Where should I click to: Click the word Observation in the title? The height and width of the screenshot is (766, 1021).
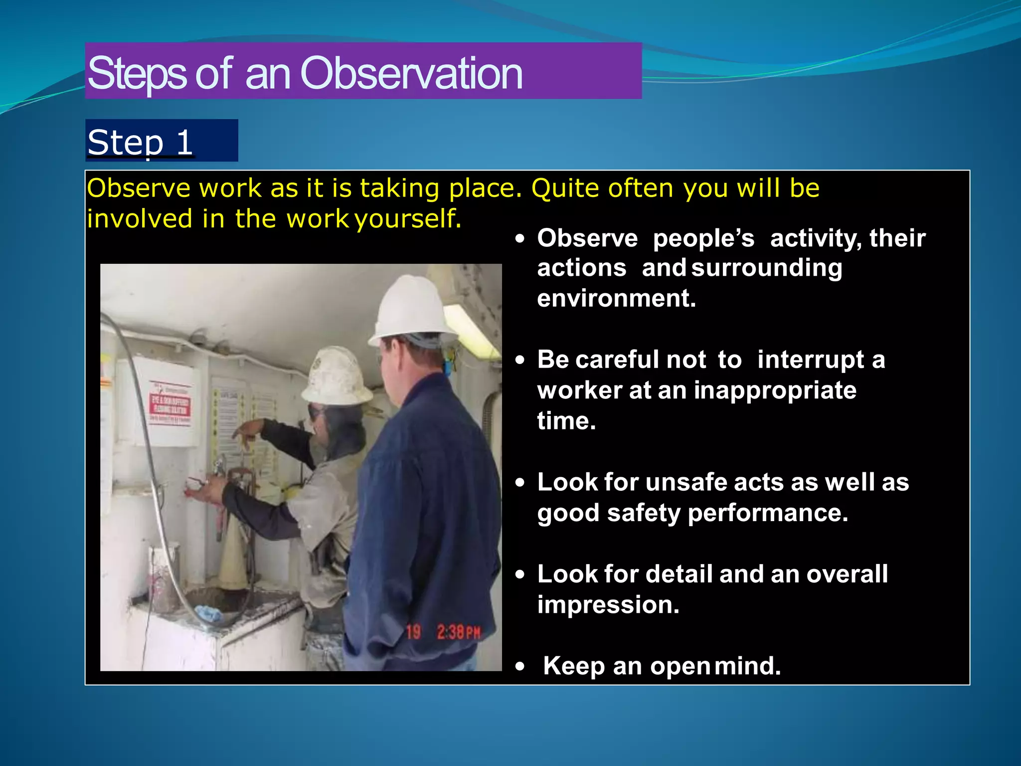click(411, 73)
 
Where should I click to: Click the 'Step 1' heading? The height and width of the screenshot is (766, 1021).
click(140, 142)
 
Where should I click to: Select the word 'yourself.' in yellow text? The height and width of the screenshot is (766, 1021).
click(408, 219)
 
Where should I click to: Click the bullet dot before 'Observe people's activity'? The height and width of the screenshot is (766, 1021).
click(520, 239)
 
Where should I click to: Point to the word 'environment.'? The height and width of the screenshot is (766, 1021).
click(616, 298)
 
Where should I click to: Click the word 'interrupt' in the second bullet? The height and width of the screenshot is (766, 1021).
click(810, 360)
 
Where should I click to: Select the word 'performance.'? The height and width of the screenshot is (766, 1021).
click(768, 513)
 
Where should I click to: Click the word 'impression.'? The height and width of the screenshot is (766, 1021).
click(608, 604)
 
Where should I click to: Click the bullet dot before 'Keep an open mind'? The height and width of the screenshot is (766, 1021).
click(520, 667)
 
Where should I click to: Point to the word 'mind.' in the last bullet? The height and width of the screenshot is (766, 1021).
click(747, 666)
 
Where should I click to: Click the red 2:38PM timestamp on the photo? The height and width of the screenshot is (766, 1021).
click(458, 632)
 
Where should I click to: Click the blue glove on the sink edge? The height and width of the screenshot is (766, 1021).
click(208, 614)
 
